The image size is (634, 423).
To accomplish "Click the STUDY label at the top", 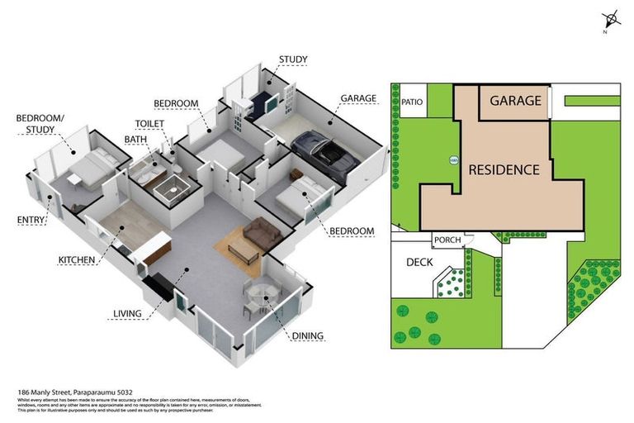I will (x=293, y=59).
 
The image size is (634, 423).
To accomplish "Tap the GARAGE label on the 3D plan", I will (x=358, y=98).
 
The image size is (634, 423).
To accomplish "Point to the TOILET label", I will (x=149, y=124).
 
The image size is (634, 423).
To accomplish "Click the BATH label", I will (x=135, y=140).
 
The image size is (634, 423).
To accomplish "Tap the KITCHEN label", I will (x=77, y=260).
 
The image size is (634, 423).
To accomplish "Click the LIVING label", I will (x=127, y=314).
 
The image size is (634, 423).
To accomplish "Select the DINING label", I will (x=306, y=336).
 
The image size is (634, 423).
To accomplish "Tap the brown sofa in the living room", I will (x=260, y=232).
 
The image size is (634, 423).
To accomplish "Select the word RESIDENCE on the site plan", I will (x=504, y=169).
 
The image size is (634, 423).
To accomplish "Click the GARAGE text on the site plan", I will (x=515, y=101).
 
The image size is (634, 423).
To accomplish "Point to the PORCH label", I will (x=447, y=240).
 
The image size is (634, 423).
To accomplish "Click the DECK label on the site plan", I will (x=419, y=262).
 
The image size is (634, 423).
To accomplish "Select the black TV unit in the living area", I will (x=158, y=287).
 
